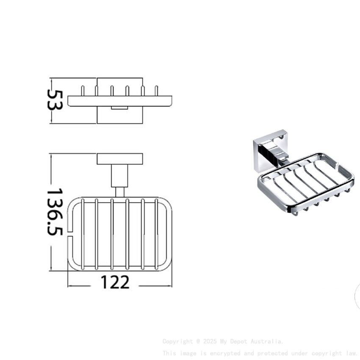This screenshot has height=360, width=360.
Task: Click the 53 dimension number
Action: [56, 99]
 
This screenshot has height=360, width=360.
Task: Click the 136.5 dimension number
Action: [56, 212]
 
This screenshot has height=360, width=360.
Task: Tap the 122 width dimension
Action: [115, 282]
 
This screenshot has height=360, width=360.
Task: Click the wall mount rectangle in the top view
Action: [120, 159]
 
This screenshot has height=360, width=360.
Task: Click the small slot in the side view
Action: [119, 108]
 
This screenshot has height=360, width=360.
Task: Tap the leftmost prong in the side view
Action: [82, 91]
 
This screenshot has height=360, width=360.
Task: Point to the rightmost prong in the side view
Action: [157, 91]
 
